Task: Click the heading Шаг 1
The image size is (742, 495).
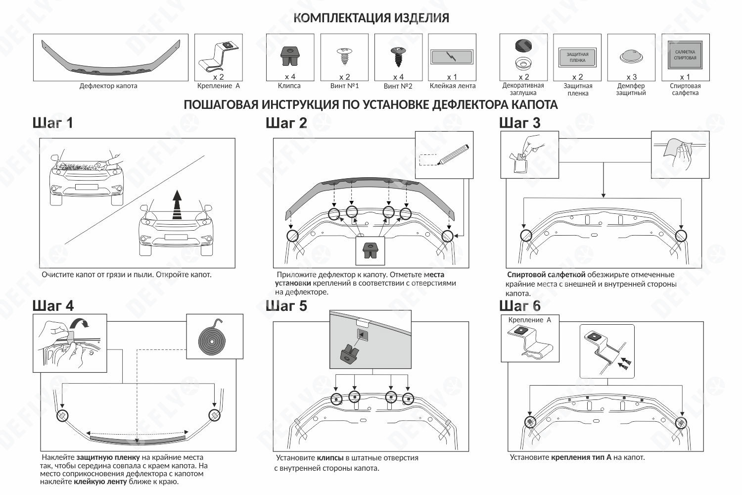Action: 52,123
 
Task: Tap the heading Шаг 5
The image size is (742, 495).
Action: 286,306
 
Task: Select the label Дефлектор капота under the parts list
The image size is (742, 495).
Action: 108,86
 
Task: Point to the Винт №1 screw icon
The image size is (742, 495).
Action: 344,57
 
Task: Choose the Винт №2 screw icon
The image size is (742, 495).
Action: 398,56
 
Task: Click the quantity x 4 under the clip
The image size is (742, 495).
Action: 290,77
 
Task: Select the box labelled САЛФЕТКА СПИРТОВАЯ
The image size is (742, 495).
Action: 685,54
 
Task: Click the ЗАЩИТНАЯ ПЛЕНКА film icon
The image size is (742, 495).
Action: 577,57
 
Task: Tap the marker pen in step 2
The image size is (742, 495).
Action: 453,154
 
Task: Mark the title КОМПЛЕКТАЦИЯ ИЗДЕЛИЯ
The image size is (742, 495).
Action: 371,18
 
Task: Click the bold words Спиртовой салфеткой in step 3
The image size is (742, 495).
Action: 546,275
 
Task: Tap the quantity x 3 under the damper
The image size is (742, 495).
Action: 631,77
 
